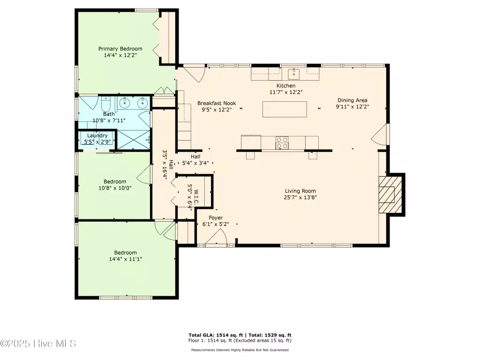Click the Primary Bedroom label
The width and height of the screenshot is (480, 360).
120,49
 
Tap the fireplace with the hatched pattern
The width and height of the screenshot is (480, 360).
390,195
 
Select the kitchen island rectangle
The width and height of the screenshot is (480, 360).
285,109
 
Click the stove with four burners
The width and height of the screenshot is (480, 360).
282,142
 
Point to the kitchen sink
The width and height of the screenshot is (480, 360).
293,74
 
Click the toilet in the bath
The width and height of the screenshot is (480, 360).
106,105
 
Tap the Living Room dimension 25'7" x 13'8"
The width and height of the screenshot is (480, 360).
300,197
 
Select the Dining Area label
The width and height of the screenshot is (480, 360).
352,100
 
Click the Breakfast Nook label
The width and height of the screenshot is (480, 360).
217,103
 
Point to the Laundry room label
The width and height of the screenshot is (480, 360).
97,135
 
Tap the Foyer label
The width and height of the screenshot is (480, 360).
216,217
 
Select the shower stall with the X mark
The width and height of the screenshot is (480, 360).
134,140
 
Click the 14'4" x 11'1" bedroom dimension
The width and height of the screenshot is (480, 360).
126,259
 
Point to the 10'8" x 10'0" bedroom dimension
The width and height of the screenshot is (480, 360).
115,188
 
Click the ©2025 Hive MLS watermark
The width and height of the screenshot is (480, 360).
38,344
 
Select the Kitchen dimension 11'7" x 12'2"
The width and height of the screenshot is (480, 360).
286,92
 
